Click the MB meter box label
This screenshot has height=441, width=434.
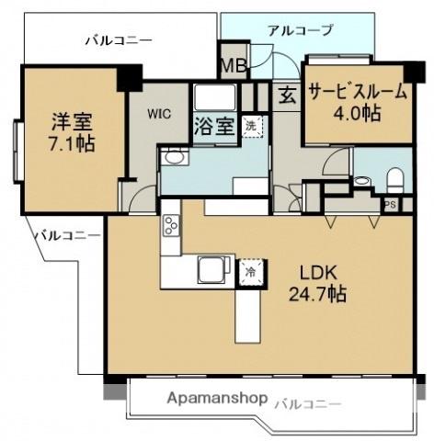(234, 65)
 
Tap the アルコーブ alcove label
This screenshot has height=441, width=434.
(300, 30)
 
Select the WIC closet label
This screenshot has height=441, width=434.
(158, 114)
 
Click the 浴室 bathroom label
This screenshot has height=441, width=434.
(215, 126)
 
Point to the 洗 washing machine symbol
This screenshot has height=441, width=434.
(253, 126)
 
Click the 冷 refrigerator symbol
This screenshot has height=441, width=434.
(251, 272)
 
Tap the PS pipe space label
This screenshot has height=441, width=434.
(390, 205)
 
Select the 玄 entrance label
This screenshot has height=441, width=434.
(287, 96)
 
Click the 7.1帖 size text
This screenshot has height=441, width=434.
(72, 143)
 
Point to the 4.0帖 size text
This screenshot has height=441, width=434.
(357, 113)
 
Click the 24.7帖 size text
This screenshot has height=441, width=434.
(318, 294)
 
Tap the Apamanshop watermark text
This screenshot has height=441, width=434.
(217, 399)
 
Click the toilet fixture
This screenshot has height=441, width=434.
(394, 178)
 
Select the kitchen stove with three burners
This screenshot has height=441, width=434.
(171, 225)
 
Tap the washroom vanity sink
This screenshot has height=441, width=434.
(173, 158)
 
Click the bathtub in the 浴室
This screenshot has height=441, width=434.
(215, 97)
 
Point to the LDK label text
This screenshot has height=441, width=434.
(318, 273)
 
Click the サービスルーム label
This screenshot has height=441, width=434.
(358, 92)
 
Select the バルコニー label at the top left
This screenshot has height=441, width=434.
(119, 40)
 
